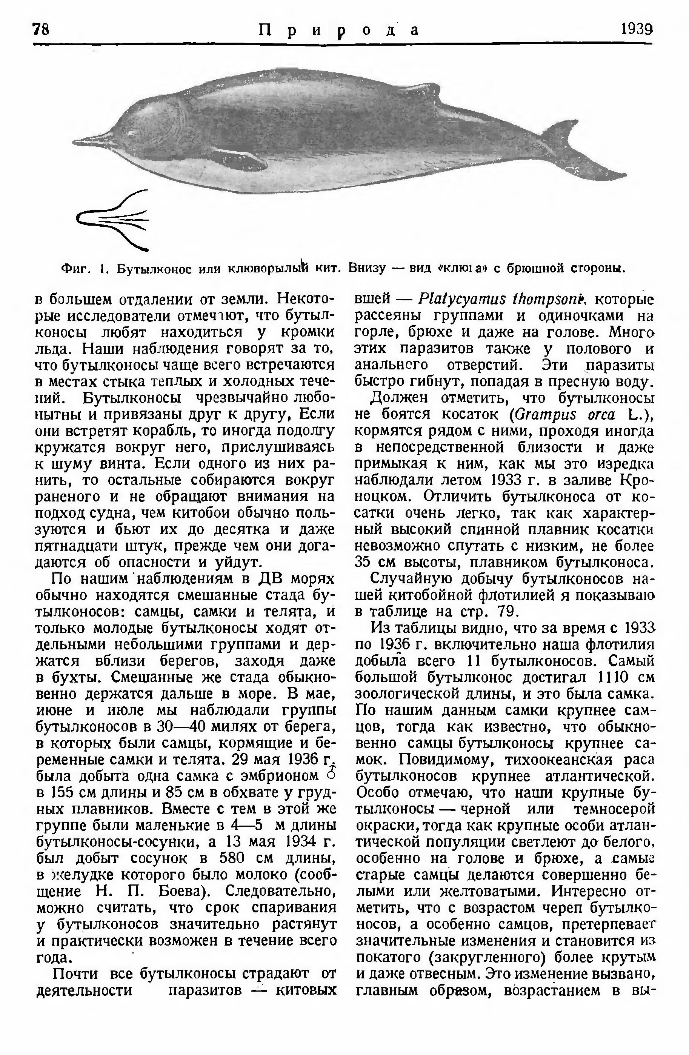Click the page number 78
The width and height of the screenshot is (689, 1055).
click(x=41, y=30)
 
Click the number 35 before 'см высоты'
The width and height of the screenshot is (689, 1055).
click(x=363, y=562)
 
